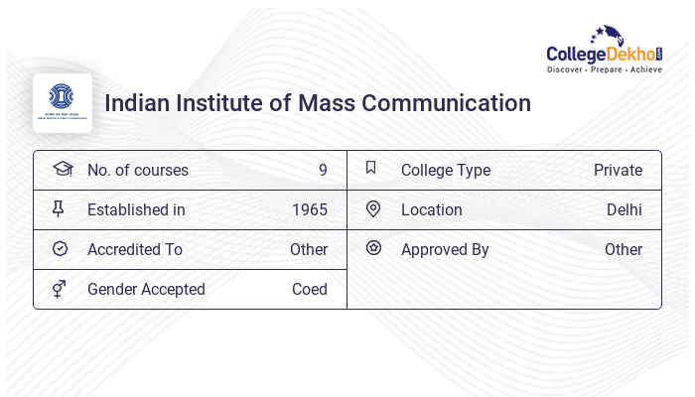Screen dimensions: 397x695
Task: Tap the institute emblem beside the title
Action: coord(63,102)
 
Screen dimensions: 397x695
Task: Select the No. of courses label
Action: coord(137,171)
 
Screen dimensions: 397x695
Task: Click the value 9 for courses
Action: coord(323,171)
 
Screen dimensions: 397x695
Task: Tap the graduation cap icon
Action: coord(62,170)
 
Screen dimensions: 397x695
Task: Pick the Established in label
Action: coord(136,210)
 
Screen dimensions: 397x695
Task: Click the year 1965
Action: coord(310,210)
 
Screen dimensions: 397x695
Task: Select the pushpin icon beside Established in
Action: coord(59,209)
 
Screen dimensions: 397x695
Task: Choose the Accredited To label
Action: coord(135,250)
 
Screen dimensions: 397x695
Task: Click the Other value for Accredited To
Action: coord(309,250)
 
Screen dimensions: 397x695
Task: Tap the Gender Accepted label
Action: coord(146,290)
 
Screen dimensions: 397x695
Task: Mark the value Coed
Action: coord(310,290)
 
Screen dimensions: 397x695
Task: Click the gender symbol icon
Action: coord(59,289)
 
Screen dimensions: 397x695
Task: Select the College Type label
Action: coord(446,171)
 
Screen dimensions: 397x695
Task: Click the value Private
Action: coord(618,171)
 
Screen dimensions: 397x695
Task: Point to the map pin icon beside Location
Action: coord(373,209)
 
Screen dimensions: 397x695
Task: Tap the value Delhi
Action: coord(625,210)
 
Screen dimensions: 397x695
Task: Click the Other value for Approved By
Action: coord(624,250)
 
